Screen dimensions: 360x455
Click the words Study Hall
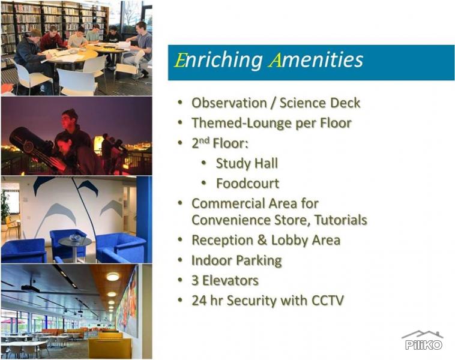(247, 163)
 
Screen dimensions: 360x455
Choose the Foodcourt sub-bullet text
(247, 183)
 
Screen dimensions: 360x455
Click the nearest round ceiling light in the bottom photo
(112, 277)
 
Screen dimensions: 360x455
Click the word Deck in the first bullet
(345, 103)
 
